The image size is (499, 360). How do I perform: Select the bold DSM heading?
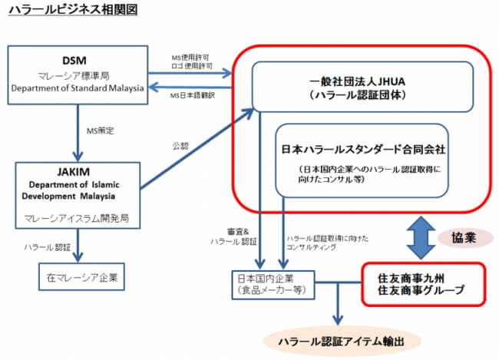click(77, 61)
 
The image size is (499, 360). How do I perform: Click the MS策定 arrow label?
click(101, 130)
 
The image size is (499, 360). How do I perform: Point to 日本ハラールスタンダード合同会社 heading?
click(362, 146)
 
